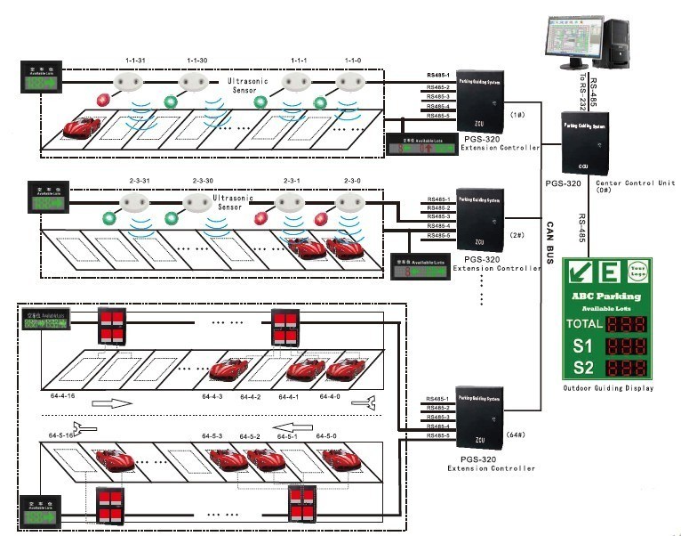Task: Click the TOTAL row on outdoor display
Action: [609, 323]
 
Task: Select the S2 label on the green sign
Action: [582, 367]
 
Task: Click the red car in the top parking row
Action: [82, 126]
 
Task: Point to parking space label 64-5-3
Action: [210, 436]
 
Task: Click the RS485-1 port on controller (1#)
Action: [438, 76]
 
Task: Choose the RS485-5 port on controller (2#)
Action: [438, 235]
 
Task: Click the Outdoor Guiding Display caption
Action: [609, 388]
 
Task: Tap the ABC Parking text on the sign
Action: [607, 296]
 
